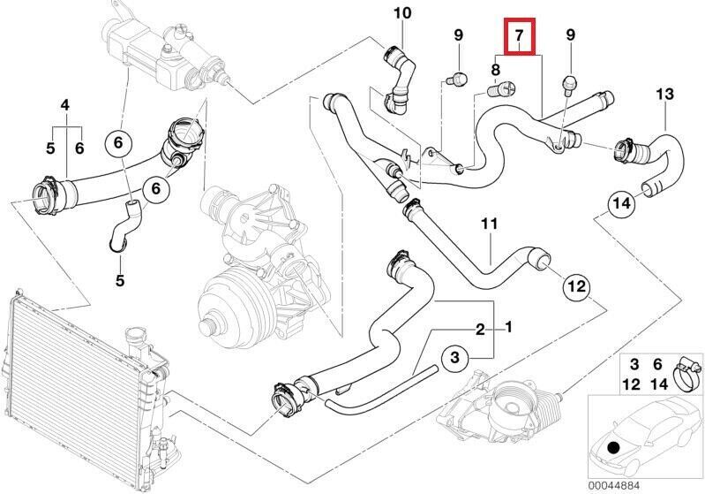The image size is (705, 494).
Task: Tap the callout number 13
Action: pos(664,94)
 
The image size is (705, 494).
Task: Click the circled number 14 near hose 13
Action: pos(621,204)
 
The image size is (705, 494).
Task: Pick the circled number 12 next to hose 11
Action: pos(575,286)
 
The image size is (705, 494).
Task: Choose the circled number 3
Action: pos(454,358)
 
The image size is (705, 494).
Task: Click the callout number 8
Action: pos(495,69)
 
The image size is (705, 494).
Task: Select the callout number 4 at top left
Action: pos(64,106)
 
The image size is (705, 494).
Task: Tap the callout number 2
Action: pos(480,330)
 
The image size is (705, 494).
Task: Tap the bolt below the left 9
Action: pos(456,80)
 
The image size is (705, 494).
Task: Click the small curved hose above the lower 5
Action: pos(121,226)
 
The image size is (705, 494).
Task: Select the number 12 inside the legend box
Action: pos(633,384)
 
